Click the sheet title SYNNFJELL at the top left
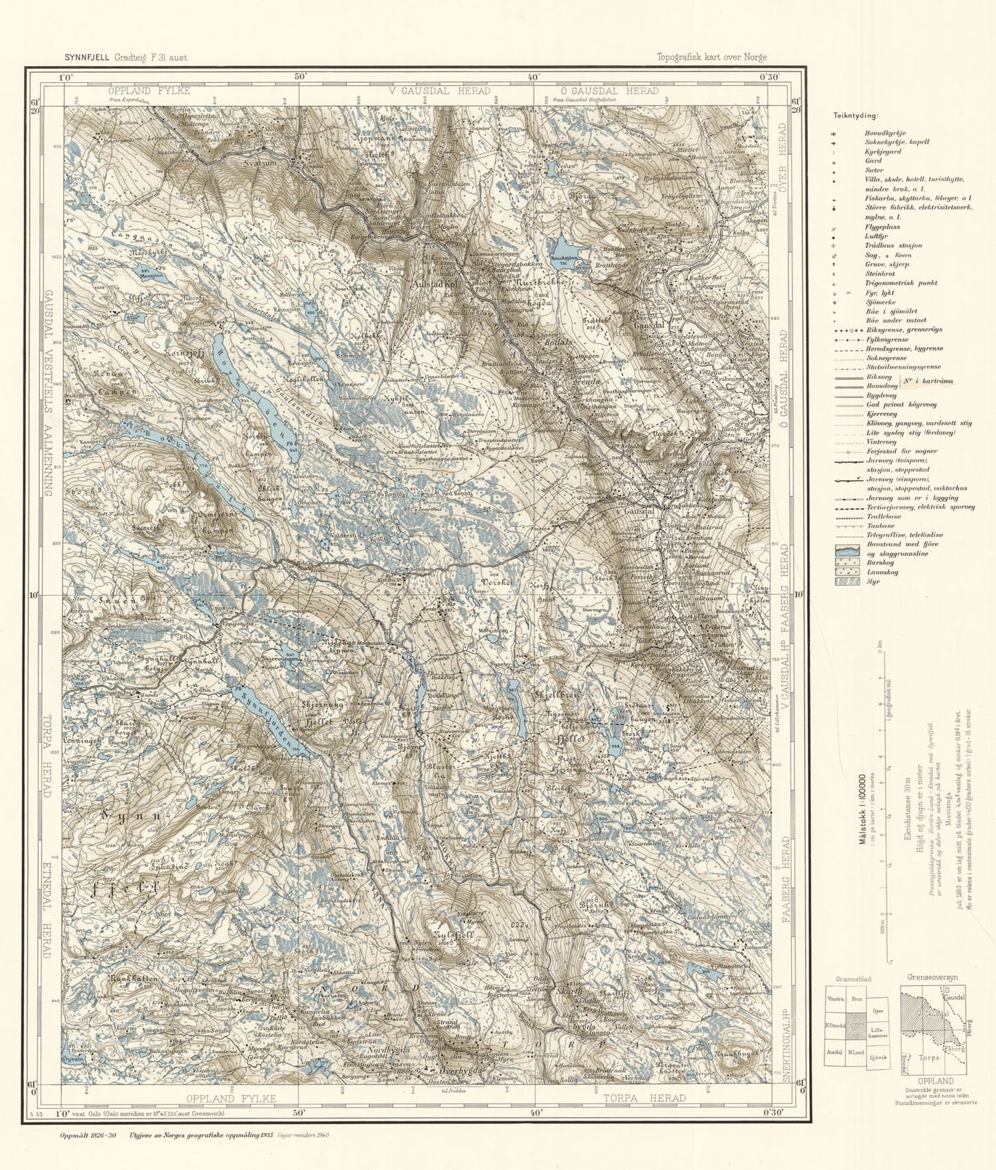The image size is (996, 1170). pos(87,58)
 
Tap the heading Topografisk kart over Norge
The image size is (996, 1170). pos(711,58)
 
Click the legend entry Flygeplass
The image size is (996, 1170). pos(882,227)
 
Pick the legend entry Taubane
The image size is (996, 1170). pos(876,526)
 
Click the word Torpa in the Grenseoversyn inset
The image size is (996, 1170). pos(926,1056)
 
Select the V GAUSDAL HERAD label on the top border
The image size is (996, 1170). pos(438,91)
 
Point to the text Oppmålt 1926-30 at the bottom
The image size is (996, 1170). pos(88,1135)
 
